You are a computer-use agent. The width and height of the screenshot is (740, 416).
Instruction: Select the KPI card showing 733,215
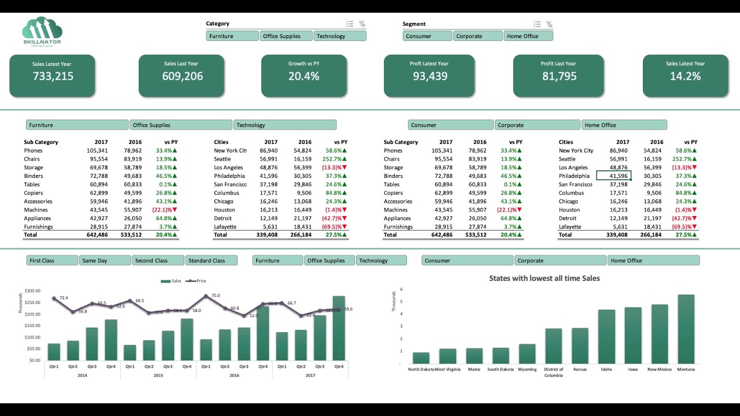click(53, 76)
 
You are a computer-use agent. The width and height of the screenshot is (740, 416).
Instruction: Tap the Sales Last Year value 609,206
click(182, 76)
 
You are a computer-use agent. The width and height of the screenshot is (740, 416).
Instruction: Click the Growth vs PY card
click(304, 76)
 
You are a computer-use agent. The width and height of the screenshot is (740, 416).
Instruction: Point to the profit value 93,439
click(430, 76)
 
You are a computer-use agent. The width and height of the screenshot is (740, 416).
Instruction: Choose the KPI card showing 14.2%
click(685, 76)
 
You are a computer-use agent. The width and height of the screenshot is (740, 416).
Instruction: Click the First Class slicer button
click(52, 261)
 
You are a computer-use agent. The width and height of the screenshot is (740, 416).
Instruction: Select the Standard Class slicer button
click(212, 261)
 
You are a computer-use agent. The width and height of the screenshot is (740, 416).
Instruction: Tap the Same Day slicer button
click(105, 261)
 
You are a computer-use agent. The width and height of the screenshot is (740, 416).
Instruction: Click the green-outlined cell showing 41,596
click(613, 176)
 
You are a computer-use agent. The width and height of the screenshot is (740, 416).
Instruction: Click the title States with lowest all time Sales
click(544, 278)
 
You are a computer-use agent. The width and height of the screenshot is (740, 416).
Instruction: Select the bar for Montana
click(686, 329)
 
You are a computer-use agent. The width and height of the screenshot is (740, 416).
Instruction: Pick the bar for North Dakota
click(421, 358)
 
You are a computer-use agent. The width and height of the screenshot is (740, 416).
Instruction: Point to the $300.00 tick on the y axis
click(32, 291)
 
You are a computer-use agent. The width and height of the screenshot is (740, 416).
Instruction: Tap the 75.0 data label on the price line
click(215, 295)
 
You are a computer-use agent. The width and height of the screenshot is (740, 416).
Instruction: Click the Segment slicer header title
click(414, 24)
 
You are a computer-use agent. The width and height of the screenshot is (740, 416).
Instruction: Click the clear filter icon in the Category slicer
click(362, 24)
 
